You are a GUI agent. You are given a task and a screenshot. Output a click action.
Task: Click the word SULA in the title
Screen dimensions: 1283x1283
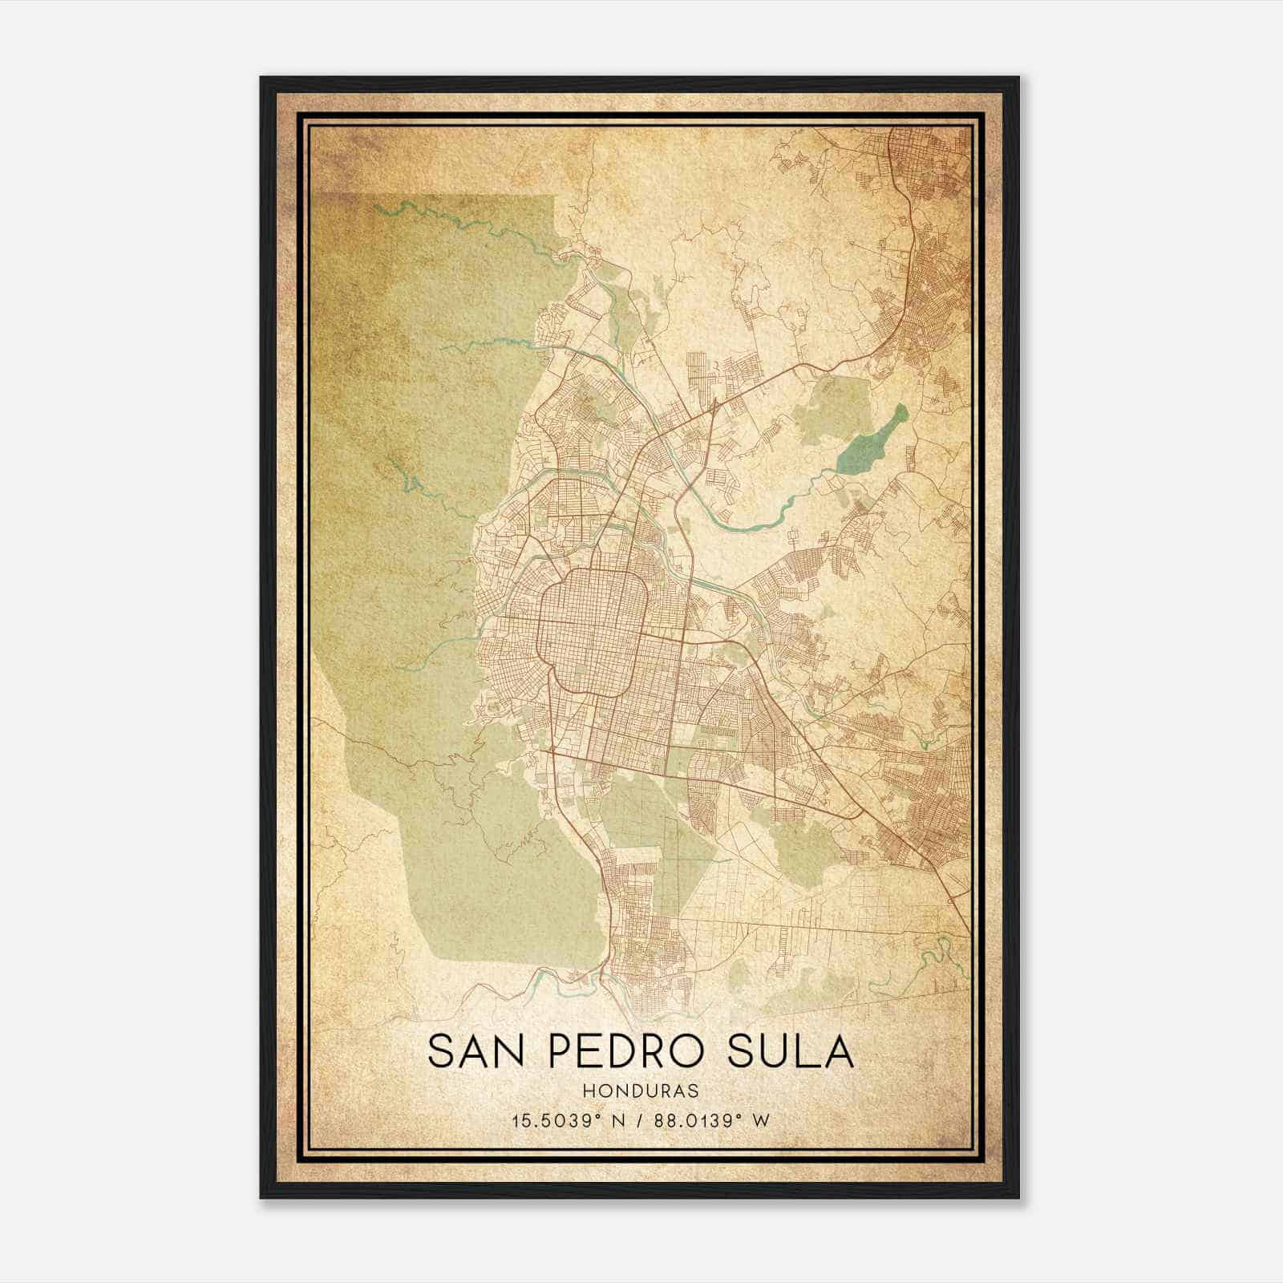click(791, 1051)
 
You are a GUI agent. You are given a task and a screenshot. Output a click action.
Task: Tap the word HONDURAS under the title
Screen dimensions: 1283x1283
click(641, 1091)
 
